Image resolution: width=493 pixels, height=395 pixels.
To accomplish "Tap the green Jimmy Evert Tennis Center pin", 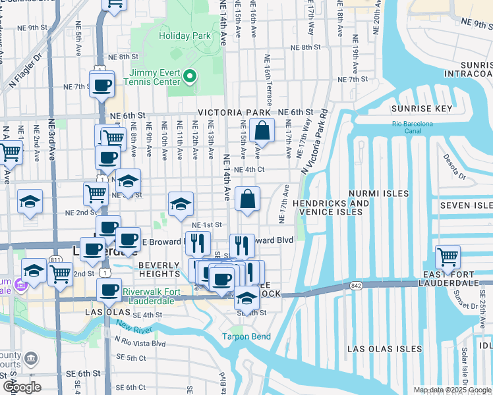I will click(x=190, y=77).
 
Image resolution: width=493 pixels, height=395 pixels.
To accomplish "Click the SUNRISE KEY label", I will click(x=422, y=109).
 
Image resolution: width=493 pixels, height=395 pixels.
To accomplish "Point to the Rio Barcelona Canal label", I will click(x=413, y=127).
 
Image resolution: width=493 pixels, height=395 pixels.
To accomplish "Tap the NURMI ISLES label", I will click(x=388, y=194).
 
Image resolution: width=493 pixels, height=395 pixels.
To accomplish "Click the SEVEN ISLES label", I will click(x=466, y=206).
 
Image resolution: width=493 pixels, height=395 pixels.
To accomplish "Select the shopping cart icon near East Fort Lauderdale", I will click(x=448, y=257).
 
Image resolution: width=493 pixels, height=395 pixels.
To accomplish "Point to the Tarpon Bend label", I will click(x=246, y=337).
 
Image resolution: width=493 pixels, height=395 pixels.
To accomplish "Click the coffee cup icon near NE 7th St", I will click(x=101, y=85).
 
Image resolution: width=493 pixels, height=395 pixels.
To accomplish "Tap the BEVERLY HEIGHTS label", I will click(x=159, y=269).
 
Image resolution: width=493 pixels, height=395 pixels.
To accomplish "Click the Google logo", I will click(x=22, y=387).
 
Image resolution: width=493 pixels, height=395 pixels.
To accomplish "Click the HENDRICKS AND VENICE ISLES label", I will click(x=331, y=207).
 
